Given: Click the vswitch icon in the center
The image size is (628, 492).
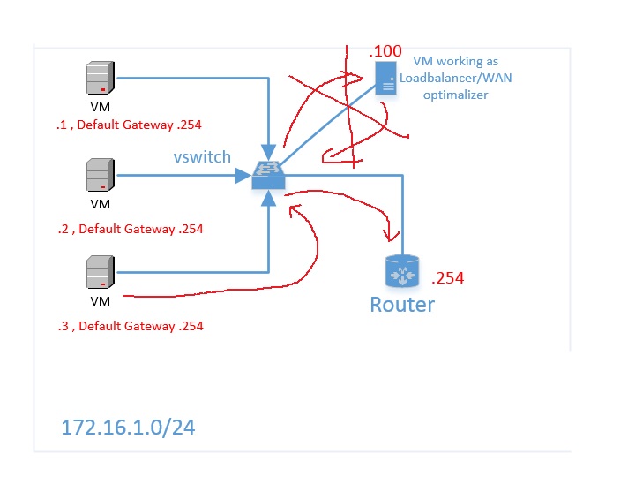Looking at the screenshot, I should (x=268, y=175).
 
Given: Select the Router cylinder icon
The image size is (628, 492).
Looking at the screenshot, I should (x=402, y=272).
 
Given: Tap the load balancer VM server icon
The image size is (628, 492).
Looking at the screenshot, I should (x=385, y=78).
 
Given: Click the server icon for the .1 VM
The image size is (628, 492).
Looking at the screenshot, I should (x=99, y=78).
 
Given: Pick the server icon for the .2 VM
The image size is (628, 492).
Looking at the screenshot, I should (x=99, y=175).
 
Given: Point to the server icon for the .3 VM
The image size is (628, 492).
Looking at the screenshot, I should (x=99, y=272).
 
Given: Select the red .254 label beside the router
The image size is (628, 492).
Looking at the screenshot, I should (x=447, y=278).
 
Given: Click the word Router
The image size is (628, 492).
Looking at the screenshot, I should (x=402, y=306).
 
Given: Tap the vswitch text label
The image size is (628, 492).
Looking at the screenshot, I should (x=202, y=156).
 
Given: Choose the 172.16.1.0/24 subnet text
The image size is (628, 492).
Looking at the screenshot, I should (x=128, y=428).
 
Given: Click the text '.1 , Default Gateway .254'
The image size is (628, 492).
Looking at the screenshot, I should (x=130, y=125).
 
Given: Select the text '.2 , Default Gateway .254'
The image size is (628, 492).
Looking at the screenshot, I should (x=130, y=229).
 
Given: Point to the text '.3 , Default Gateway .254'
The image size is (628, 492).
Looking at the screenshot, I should (x=130, y=326).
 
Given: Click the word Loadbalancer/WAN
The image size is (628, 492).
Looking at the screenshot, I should (x=450, y=79).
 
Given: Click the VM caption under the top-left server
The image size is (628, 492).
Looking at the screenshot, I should (x=100, y=106).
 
